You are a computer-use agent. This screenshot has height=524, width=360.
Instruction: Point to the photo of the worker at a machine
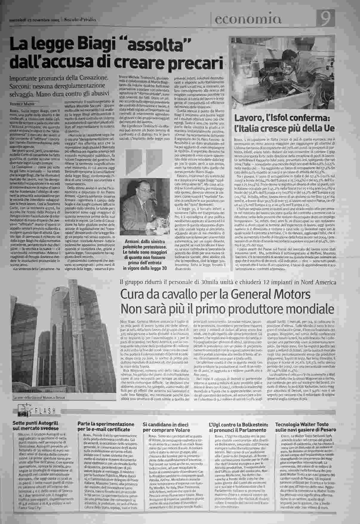(287, 74)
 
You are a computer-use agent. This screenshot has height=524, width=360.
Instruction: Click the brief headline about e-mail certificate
(106, 427)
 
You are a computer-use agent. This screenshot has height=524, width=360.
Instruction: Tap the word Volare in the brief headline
(180, 430)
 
